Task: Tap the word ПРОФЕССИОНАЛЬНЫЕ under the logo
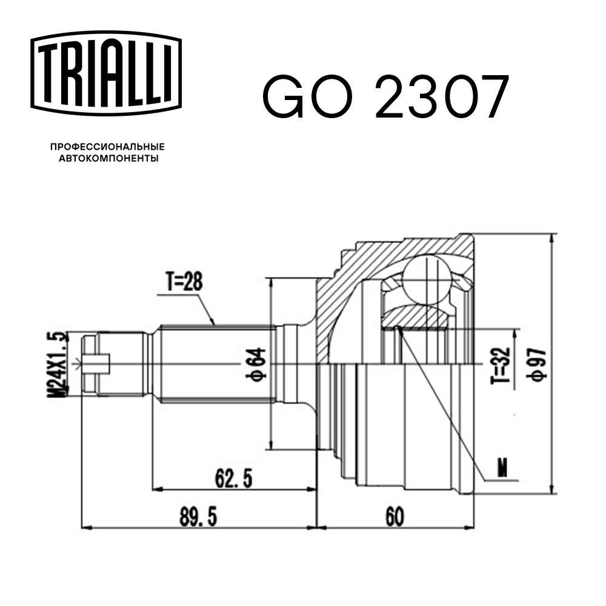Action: click(107, 147)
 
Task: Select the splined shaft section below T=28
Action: click(215, 364)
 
